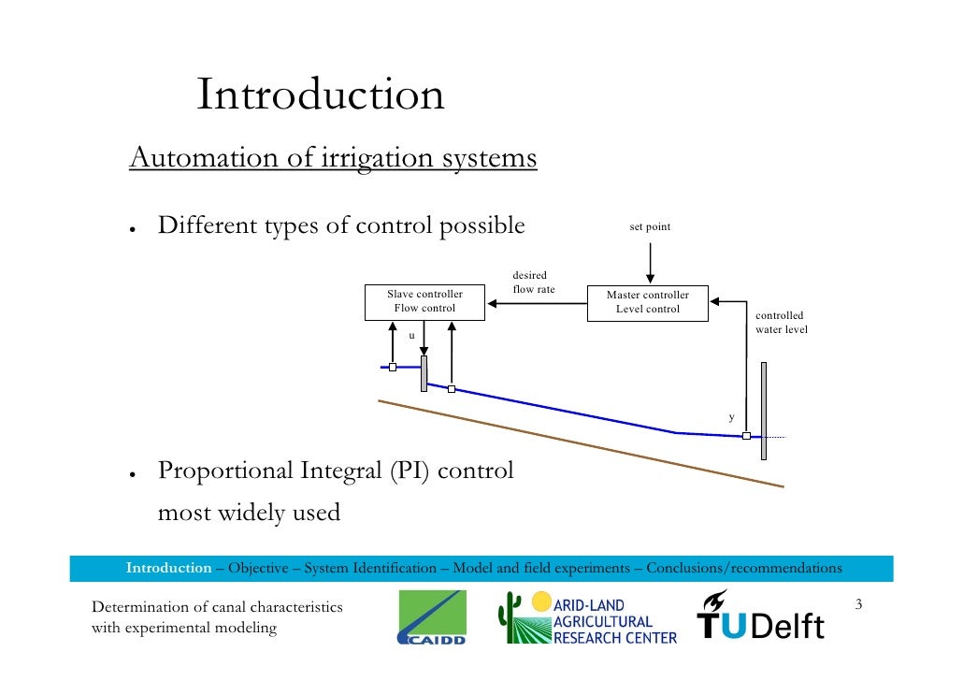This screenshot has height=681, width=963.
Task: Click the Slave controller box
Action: [424, 301]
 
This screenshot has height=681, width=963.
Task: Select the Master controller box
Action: [647, 302]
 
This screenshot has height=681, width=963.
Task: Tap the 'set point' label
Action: [650, 227]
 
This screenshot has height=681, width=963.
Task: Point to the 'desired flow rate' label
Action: [533, 283]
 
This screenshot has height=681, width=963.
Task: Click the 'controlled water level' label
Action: [781, 323]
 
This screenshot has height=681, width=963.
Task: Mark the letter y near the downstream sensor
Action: [732, 417]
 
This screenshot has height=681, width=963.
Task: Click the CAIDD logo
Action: [431, 618]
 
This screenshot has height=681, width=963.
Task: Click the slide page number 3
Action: [858, 607]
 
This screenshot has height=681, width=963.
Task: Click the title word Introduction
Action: [320, 95]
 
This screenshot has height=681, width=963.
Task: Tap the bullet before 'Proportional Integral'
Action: [135, 473]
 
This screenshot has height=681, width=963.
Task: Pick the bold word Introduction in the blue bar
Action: [168, 568]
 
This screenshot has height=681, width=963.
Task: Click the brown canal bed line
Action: [580, 443]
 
